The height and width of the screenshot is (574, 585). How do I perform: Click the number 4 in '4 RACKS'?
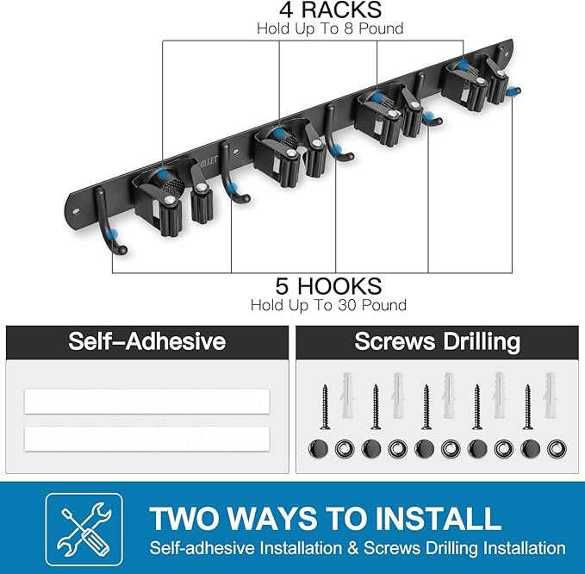(286, 9)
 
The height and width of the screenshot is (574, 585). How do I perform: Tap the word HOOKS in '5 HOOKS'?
(339, 286)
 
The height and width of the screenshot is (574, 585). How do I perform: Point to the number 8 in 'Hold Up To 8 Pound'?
(348, 29)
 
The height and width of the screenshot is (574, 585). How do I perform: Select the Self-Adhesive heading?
(147, 341)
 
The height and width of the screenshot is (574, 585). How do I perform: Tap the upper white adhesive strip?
(147, 402)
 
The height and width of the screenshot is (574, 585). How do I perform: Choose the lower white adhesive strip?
(147, 439)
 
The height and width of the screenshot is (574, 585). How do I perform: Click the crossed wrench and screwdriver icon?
(84, 529)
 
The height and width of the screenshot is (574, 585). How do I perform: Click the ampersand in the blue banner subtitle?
(352, 549)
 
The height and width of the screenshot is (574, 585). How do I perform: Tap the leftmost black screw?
(325, 407)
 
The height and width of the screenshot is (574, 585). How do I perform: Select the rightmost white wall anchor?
(551, 395)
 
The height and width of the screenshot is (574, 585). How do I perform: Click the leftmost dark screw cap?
(318, 449)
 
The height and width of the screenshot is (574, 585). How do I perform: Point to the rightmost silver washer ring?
(557, 449)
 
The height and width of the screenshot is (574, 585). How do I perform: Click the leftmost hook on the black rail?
(108, 220)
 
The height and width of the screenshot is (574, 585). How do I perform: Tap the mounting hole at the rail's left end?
(76, 211)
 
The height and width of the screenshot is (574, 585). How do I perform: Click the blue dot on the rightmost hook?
(515, 90)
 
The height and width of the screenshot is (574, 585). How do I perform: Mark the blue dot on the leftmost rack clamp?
(163, 175)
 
